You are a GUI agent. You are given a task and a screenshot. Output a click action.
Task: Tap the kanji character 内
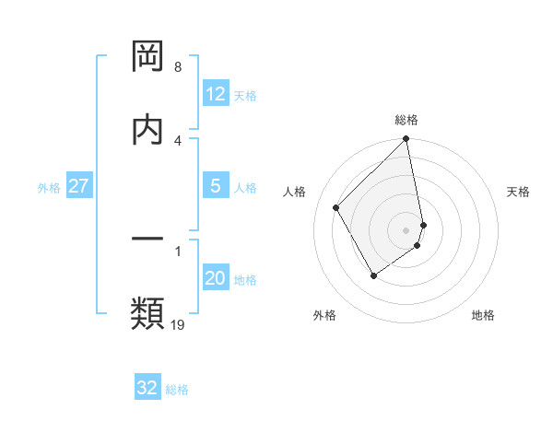pyautogui.click(x=147, y=128)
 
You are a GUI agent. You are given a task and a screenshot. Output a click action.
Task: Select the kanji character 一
pyautogui.click(x=147, y=240)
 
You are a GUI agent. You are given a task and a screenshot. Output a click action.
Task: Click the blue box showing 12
pyautogui.click(x=216, y=94)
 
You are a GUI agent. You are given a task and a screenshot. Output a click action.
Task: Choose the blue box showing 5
pyautogui.click(x=216, y=186)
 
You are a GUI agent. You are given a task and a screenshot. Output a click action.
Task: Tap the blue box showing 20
pyautogui.click(x=216, y=278)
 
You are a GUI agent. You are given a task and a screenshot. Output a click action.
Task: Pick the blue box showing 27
pyautogui.click(x=79, y=186)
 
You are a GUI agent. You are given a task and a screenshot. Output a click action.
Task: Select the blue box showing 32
pyautogui.click(x=147, y=388)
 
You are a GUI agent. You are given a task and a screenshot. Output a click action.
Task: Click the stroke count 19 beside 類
pyautogui.click(x=177, y=324)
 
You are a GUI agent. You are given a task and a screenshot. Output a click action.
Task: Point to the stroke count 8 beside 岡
pyautogui.click(x=177, y=67)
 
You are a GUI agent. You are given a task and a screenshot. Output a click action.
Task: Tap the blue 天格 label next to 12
pyautogui.click(x=245, y=96)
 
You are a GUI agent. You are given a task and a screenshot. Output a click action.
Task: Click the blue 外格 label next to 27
pyautogui.click(x=49, y=188)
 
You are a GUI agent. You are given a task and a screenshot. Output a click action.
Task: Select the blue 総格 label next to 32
pyautogui.click(x=177, y=390)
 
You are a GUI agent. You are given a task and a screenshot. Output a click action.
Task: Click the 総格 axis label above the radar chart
pyautogui.click(x=406, y=120)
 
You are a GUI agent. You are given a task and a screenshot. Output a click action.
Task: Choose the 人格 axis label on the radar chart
pyautogui.click(x=295, y=192)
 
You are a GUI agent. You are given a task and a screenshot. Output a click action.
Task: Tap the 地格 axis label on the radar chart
pyautogui.click(x=483, y=315)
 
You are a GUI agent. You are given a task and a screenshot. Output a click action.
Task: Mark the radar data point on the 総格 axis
pyautogui.click(x=406, y=140)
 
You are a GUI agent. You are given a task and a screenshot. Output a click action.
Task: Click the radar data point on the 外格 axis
pyautogui.click(x=373, y=275)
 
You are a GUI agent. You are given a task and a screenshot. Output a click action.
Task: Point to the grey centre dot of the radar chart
pyautogui.click(x=406, y=229)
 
